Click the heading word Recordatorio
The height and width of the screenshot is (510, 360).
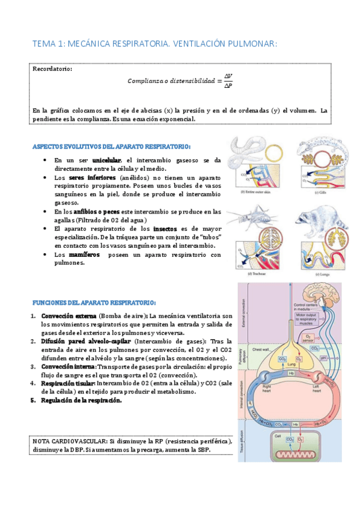point(52,69)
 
